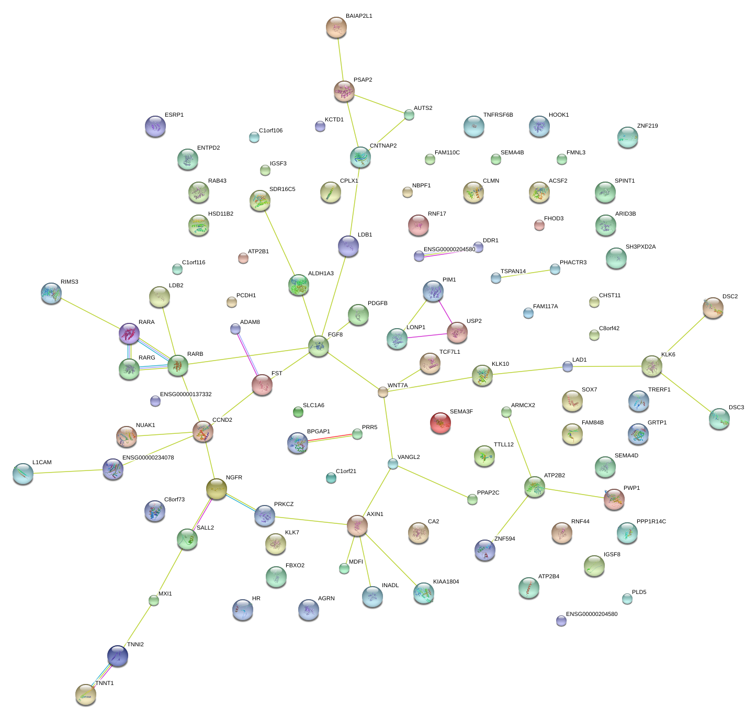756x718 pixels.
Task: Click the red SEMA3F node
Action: [440, 423]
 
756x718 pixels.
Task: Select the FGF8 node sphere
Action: [319, 346]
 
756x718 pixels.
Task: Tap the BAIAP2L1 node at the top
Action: [336, 27]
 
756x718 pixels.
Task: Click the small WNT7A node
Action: [383, 392]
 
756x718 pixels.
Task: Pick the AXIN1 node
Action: [357, 525]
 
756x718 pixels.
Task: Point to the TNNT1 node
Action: [86, 694]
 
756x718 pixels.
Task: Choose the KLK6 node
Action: [652, 366]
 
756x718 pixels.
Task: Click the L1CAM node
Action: [23, 473]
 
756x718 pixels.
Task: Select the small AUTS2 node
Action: [409, 115]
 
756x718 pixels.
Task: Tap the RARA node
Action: [129, 333]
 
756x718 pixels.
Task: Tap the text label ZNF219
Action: [647, 126]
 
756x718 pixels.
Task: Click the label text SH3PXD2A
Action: [640, 247]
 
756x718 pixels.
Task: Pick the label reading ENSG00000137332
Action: [186, 395]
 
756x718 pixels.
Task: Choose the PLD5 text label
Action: [639, 592]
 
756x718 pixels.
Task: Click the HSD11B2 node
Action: [199, 225]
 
